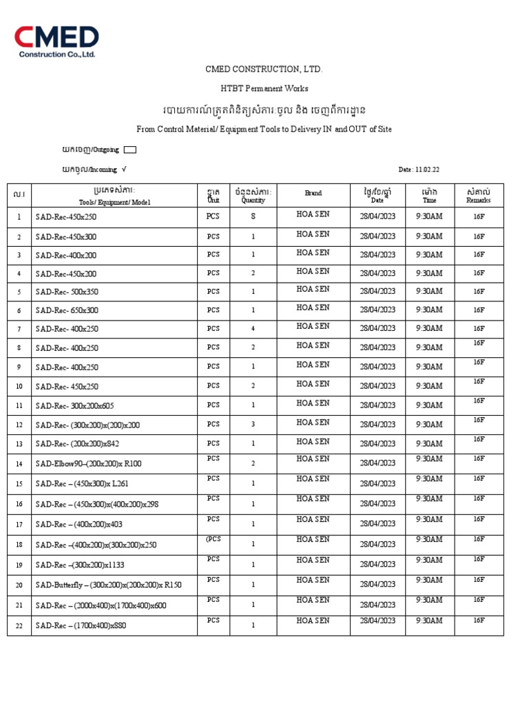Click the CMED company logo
pyautogui.click(x=57, y=41)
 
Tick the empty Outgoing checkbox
pyautogui.click(x=130, y=149)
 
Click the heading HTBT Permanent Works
pyautogui.click(x=264, y=88)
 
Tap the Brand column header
pyautogui.click(x=313, y=194)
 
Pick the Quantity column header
pyautogui.click(x=253, y=196)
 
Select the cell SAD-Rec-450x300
pyautogui.click(x=66, y=236)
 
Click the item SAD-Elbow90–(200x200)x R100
pyautogui.click(x=88, y=463)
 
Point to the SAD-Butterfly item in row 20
pyautogui.click(x=108, y=585)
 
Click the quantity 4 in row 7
pyautogui.click(x=253, y=329)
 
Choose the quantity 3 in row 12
pyautogui.click(x=253, y=425)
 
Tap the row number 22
pyautogui.click(x=19, y=625)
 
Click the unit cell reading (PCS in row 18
pyautogui.click(x=213, y=540)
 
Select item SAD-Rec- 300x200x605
pyautogui.click(x=74, y=405)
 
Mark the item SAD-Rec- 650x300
pyautogui.click(x=67, y=310)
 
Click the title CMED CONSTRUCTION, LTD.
pyautogui.click(x=264, y=70)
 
